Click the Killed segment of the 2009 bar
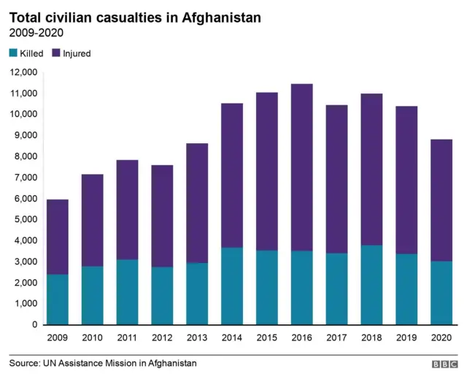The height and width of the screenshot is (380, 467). point(57,300)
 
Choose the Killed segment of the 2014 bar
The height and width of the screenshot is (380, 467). point(232,286)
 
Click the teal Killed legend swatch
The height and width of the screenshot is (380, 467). point(12,53)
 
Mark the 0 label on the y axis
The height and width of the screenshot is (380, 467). point(34,324)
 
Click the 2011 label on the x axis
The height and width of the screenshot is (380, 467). point(127,338)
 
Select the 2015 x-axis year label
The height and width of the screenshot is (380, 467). point(267,338)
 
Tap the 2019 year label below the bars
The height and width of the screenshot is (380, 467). point(407,338)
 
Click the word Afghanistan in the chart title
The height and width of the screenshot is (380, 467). point(219,17)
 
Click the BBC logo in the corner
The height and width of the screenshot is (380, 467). point(444,364)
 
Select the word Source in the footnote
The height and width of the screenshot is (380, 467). point(26,363)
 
